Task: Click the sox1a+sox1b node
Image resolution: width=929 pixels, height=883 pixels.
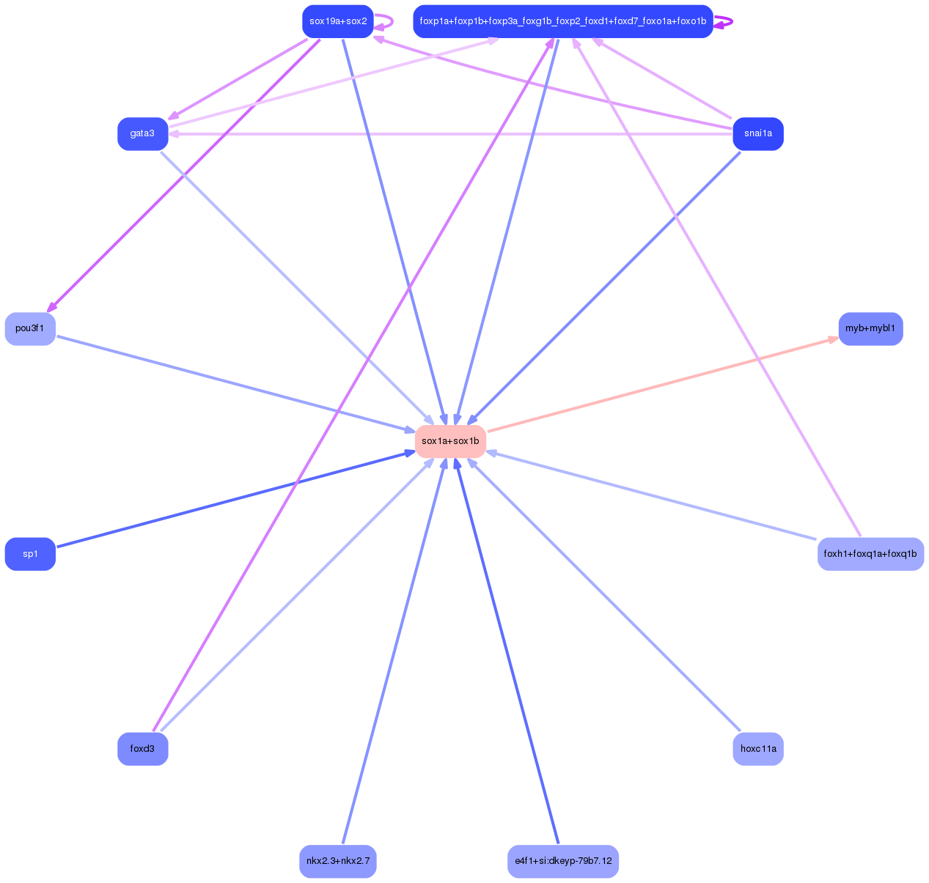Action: coord(450,441)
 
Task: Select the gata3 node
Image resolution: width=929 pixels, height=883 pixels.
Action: coord(142,133)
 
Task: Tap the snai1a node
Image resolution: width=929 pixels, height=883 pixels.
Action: coord(757,133)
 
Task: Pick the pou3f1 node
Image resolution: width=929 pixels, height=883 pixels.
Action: coord(30,328)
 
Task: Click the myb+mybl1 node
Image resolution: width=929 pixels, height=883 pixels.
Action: coord(870,328)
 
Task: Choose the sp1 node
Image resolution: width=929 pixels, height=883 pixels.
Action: coord(30,553)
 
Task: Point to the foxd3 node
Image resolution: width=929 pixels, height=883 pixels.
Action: coord(142,748)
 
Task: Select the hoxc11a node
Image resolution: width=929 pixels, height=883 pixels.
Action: coord(757,748)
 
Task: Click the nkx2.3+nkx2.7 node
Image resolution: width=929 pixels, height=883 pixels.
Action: coord(337,860)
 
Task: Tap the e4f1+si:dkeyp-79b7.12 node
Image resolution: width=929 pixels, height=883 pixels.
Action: coord(562,860)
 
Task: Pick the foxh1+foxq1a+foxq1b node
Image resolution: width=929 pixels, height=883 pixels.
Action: coord(870,553)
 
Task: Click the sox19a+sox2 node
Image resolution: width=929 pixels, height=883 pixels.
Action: coord(337,21)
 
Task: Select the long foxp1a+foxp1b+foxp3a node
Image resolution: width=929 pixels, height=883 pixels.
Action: coord(562,21)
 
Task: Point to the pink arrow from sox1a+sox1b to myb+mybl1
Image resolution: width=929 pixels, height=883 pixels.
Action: coord(660,385)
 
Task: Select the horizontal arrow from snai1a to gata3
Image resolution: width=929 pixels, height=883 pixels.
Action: coord(450,134)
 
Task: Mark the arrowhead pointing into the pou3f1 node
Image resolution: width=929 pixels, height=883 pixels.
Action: coord(51,308)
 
